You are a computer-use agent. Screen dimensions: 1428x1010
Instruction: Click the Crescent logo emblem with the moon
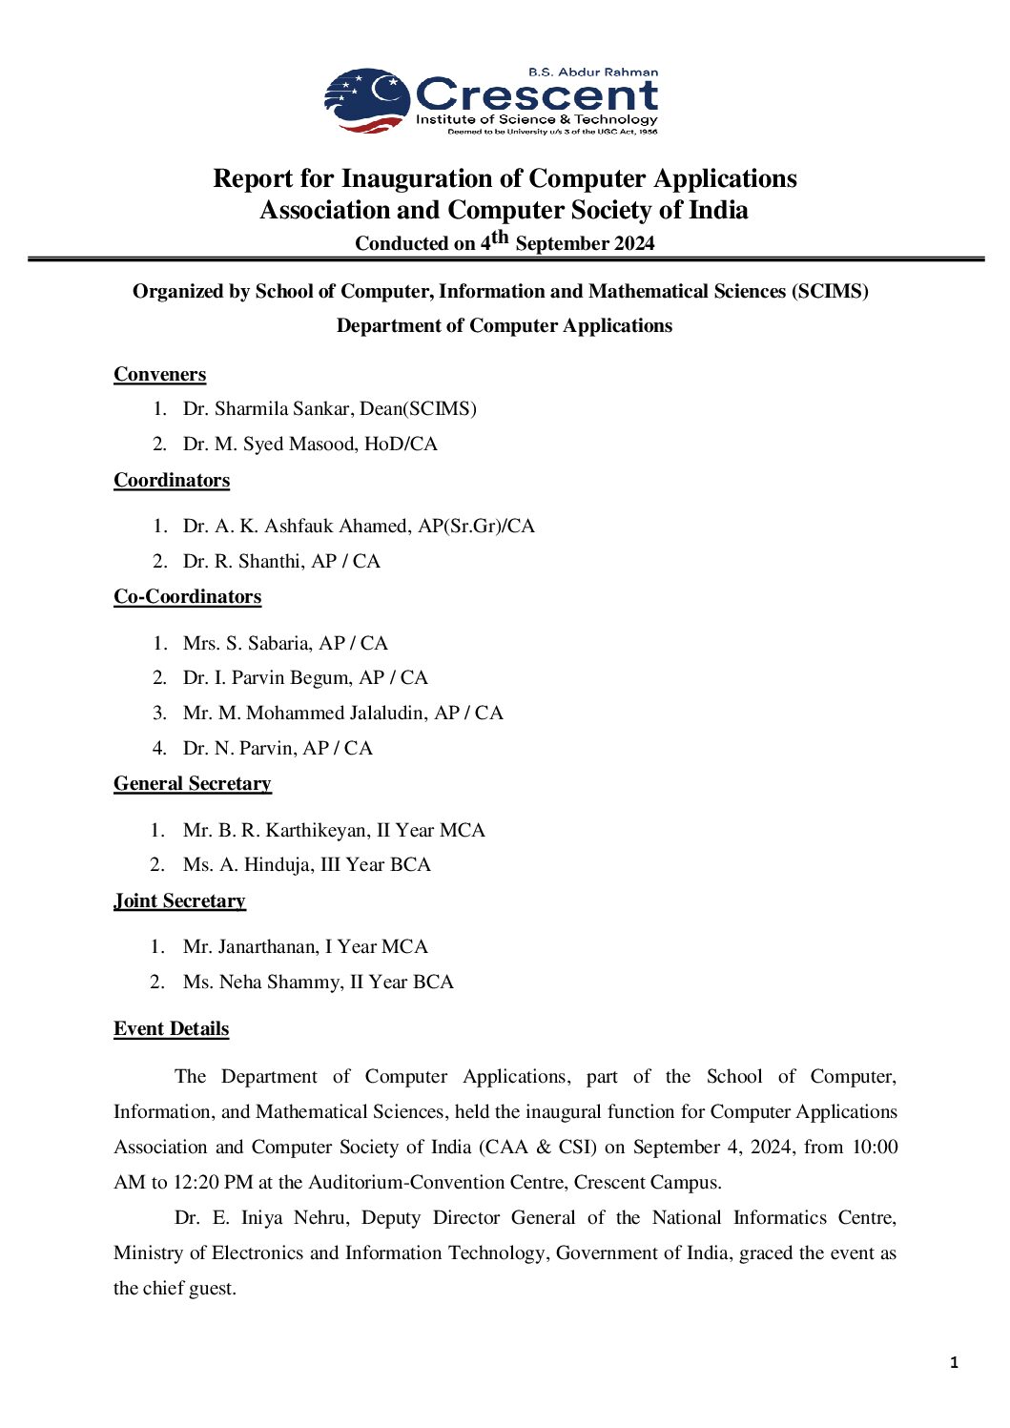368,99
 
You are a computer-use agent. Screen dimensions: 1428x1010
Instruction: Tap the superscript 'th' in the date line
500,237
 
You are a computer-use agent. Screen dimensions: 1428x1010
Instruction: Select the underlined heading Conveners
159,374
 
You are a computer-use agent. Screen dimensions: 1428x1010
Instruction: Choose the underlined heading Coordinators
172,480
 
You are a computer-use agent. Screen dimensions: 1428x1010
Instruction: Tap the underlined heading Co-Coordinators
187,596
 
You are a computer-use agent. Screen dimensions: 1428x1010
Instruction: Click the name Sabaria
279,643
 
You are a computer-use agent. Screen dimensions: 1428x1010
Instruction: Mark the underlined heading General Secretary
192,783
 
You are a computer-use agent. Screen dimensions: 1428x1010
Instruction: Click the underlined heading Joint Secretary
179,900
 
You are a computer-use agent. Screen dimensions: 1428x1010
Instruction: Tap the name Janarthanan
268,946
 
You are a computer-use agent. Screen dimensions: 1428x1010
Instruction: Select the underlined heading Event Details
171,1028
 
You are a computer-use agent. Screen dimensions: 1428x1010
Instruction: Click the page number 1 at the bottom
954,1363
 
